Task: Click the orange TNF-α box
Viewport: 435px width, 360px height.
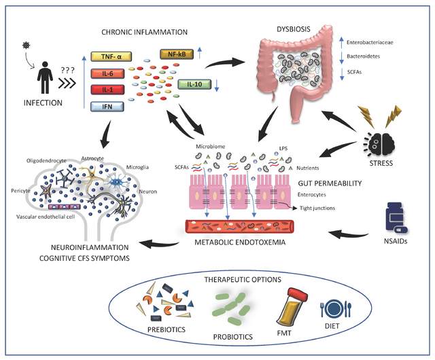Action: (x=110, y=59)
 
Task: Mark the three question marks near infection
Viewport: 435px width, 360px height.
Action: (x=68, y=69)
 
